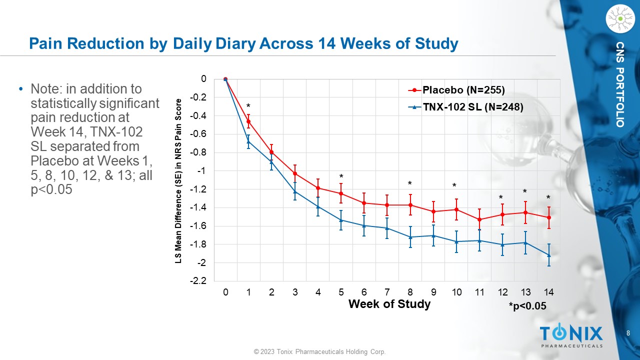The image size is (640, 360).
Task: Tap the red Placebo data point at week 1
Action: point(248,121)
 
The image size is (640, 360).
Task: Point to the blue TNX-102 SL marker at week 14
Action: point(549,255)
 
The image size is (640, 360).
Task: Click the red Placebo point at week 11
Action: point(479,219)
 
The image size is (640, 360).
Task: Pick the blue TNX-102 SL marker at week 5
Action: point(341,220)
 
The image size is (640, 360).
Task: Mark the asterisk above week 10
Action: point(454,186)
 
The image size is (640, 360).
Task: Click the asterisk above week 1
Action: point(248,106)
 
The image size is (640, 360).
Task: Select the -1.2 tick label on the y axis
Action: point(199,189)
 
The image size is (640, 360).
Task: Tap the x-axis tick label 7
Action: point(387,292)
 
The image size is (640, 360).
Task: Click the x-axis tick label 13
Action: point(525,292)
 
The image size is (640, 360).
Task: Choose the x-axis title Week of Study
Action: point(389,304)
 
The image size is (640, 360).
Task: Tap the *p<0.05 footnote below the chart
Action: point(527,306)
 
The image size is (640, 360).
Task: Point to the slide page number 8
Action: point(628,333)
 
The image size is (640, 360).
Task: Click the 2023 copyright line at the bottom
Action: point(320,352)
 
